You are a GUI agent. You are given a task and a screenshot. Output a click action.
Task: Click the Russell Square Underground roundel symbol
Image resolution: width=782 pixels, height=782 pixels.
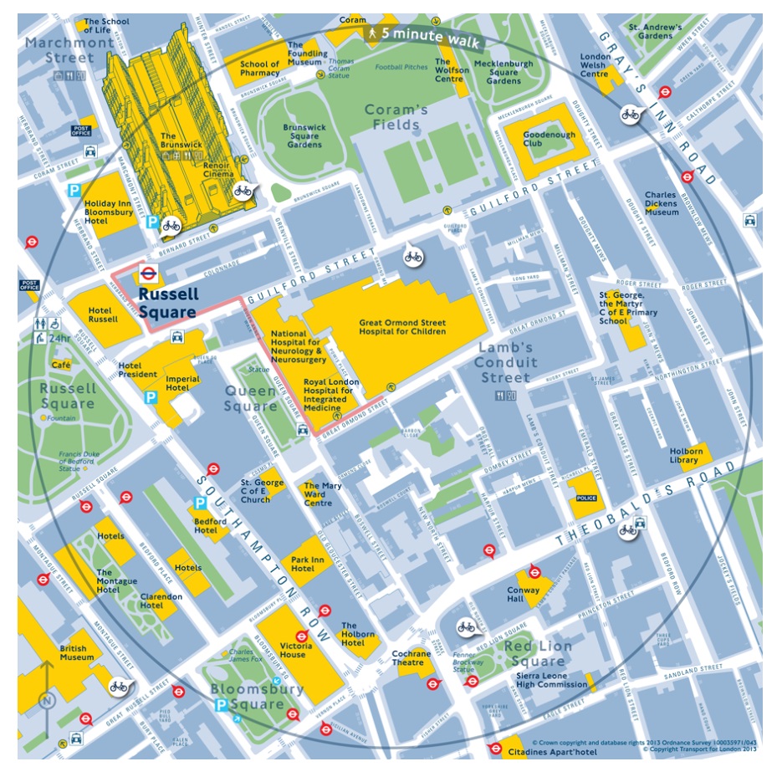(x=147, y=271)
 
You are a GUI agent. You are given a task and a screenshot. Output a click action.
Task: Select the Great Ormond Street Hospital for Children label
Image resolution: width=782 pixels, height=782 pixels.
(x=402, y=326)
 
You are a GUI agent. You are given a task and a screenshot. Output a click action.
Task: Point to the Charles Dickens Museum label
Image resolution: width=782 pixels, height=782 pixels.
(x=661, y=204)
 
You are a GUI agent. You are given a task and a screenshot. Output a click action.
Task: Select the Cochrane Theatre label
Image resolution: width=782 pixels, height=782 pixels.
(x=411, y=658)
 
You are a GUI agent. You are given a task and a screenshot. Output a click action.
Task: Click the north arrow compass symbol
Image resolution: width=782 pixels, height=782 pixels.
(x=46, y=687)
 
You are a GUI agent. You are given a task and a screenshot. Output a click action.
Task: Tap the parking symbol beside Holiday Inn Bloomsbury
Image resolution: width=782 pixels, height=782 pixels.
(x=74, y=191)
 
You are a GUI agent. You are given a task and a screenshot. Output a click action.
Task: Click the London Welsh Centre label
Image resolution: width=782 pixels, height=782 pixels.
(x=595, y=65)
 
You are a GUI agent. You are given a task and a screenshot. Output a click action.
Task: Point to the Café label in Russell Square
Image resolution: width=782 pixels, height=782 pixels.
(x=61, y=365)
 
